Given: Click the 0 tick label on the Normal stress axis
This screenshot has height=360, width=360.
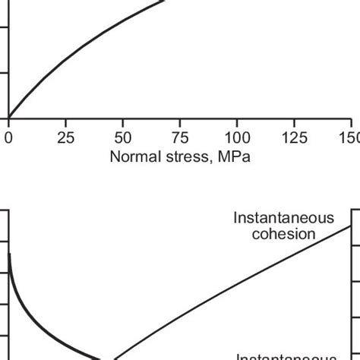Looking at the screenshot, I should pos(8,138).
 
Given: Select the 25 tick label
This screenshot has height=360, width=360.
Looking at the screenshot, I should pos(66,138).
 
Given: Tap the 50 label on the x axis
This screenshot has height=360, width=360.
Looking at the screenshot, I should pos(122,138).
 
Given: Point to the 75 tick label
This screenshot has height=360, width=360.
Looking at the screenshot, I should pos(179,138).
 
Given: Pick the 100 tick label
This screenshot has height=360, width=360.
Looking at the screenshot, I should pos(237,138).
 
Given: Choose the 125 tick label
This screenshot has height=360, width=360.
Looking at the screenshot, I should pos(294,138).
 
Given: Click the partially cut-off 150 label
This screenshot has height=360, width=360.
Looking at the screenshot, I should pos(350,138).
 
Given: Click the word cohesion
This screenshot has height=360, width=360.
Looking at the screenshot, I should pos(284,234).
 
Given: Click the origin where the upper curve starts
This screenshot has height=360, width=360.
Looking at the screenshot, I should pos(8,118).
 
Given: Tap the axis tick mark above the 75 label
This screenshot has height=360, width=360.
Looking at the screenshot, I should pos(179,122).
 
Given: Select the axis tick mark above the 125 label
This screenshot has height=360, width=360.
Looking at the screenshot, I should pos(294,122).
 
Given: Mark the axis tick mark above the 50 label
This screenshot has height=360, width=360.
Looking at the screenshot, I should pos(122,122).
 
